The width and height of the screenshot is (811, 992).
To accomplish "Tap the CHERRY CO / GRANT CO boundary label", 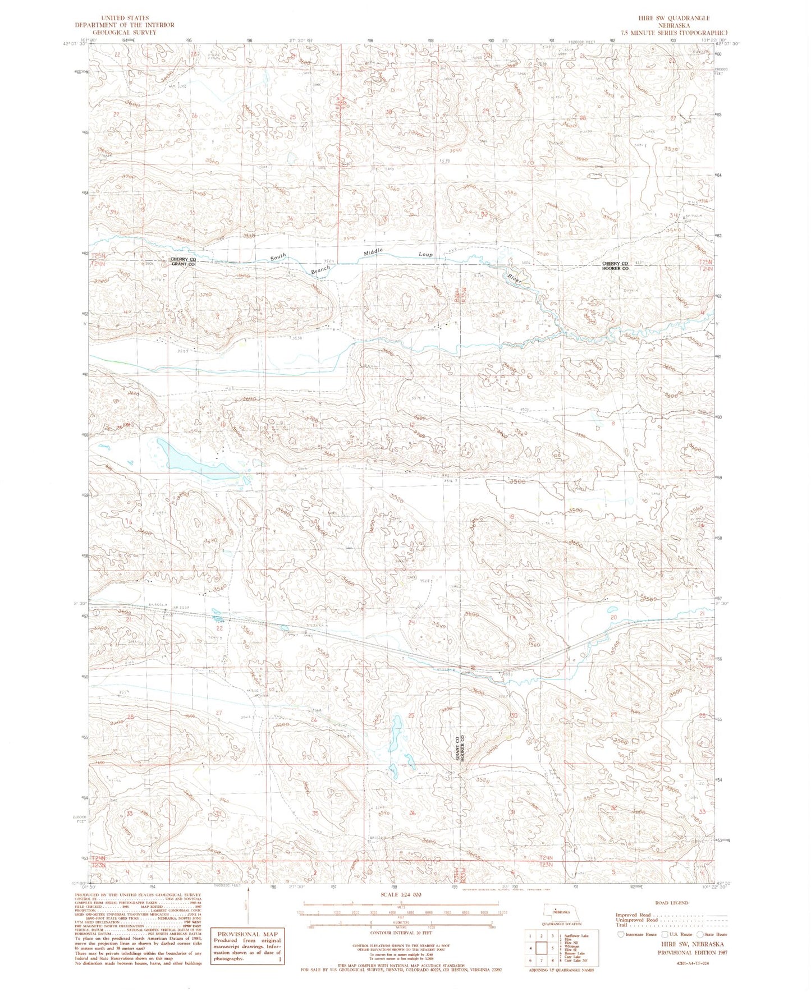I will point(183,261).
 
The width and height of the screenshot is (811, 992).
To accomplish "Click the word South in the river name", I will point(278,256).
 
